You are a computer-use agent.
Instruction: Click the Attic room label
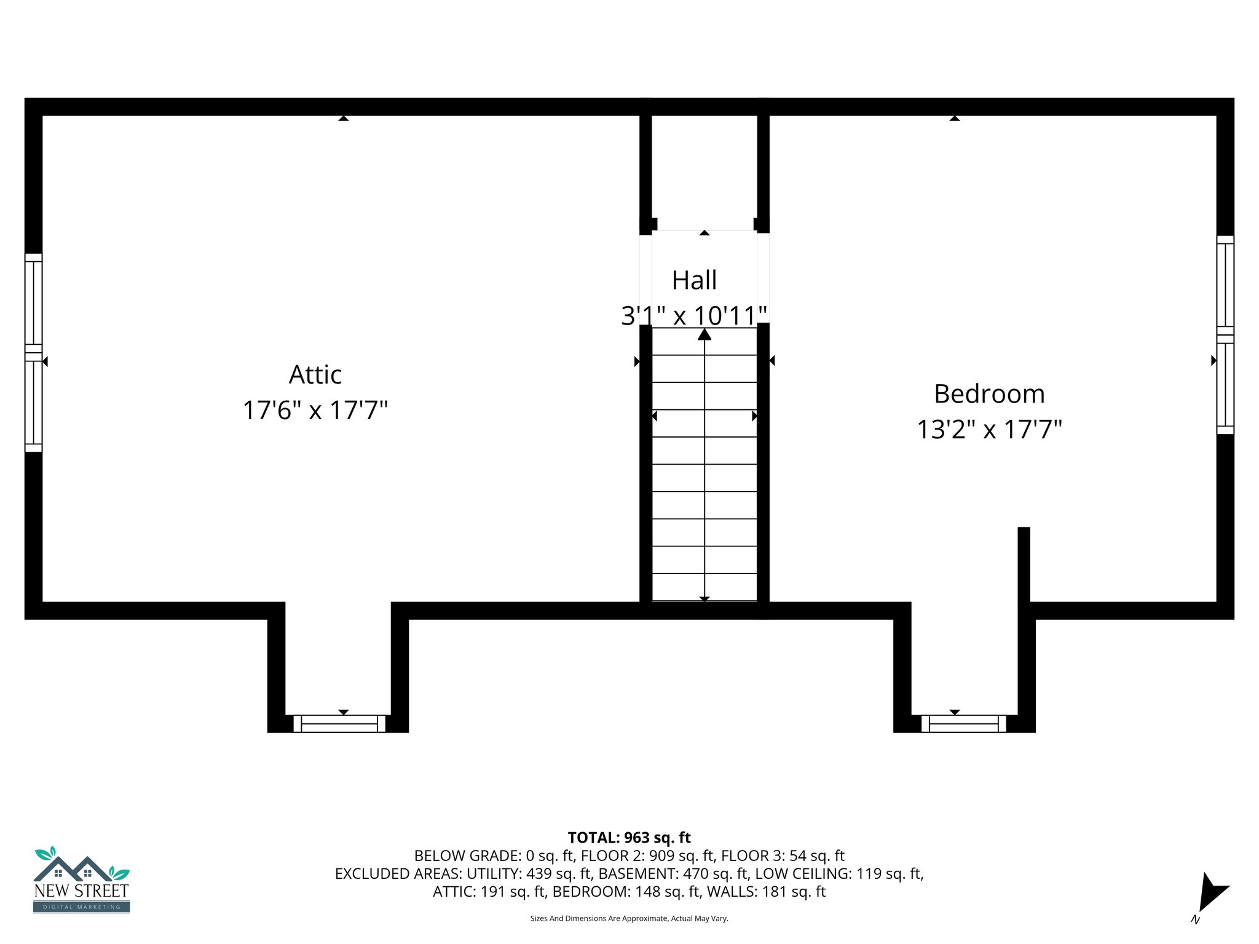[315, 375]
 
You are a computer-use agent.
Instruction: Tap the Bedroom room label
[989, 394]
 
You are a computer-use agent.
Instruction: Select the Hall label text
[694, 280]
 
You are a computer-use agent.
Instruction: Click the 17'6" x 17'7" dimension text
[315, 411]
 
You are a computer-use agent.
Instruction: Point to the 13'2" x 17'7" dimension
[989, 430]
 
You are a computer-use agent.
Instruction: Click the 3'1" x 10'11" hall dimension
[694, 316]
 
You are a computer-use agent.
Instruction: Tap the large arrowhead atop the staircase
[704, 334]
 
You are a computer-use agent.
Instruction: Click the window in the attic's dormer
[339, 723]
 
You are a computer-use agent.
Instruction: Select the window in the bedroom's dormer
[963, 723]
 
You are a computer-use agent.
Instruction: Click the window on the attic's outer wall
[33, 353]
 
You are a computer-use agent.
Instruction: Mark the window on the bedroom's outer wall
[1225, 335]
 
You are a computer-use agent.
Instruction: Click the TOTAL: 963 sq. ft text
[629, 838]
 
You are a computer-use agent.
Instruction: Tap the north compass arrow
[1210, 892]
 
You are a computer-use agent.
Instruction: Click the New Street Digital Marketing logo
[81, 880]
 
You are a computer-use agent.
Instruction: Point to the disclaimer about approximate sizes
[629, 918]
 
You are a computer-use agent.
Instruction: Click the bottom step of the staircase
[704, 587]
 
